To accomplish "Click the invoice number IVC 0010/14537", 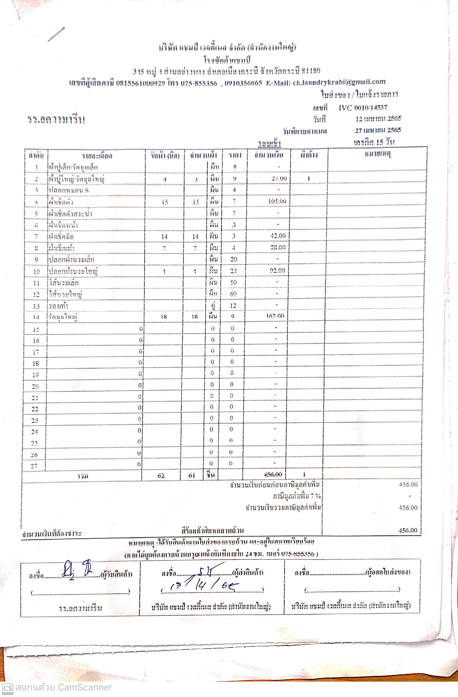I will [x=363, y=107].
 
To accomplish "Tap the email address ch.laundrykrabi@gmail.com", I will [x=339, y=82].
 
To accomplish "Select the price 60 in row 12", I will [x=233, y=294].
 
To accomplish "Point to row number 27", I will [x=34, y=466].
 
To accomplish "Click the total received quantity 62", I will [x=161, y=475].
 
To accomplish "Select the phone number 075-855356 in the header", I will [x=199, y=84].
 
